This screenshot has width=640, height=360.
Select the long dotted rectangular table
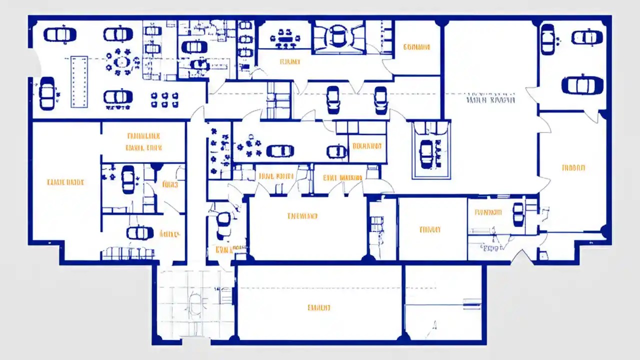pyautogui.click(x=79, y=81)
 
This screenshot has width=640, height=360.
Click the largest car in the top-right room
pyautogui.click(x=582, y=85)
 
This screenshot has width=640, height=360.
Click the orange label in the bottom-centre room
pyautogui.click(x=318, y=307)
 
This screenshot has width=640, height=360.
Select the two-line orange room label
pyautogui.click(x=143, y=141)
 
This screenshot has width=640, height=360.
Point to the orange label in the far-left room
pyautogui.click(x=65, y=182)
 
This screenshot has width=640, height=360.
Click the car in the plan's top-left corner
pyautogui.click(x=59, y=34)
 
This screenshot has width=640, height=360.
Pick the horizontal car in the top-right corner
pyautogui.click(x=587, y=37)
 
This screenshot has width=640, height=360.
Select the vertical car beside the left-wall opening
pyautogui.click(x=47, y=93)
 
